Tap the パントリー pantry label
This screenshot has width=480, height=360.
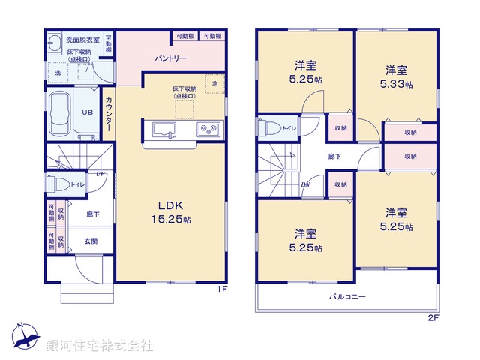(x=171, y=58)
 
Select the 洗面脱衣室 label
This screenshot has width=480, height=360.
(x=79, y=39)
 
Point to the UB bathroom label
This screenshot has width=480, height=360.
(x=87, y=112)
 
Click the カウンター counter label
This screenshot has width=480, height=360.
(x=110, y=116)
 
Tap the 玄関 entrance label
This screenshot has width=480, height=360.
(x=90, y=241)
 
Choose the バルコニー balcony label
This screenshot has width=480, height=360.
(x=346, y=297)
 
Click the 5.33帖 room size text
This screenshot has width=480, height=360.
(x=397, y=84)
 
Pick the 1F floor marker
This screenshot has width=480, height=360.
(x=222, y=289)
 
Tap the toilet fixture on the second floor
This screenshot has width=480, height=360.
(x=267, y=127)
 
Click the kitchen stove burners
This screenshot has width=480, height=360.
(x=208, y=130)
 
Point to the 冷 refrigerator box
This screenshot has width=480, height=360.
(x=217, y=85)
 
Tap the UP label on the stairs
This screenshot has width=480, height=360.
(x=100, y=174)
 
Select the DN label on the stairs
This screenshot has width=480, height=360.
(x=306, y=184)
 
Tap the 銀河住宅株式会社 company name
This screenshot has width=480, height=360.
(x=100, y=346)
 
